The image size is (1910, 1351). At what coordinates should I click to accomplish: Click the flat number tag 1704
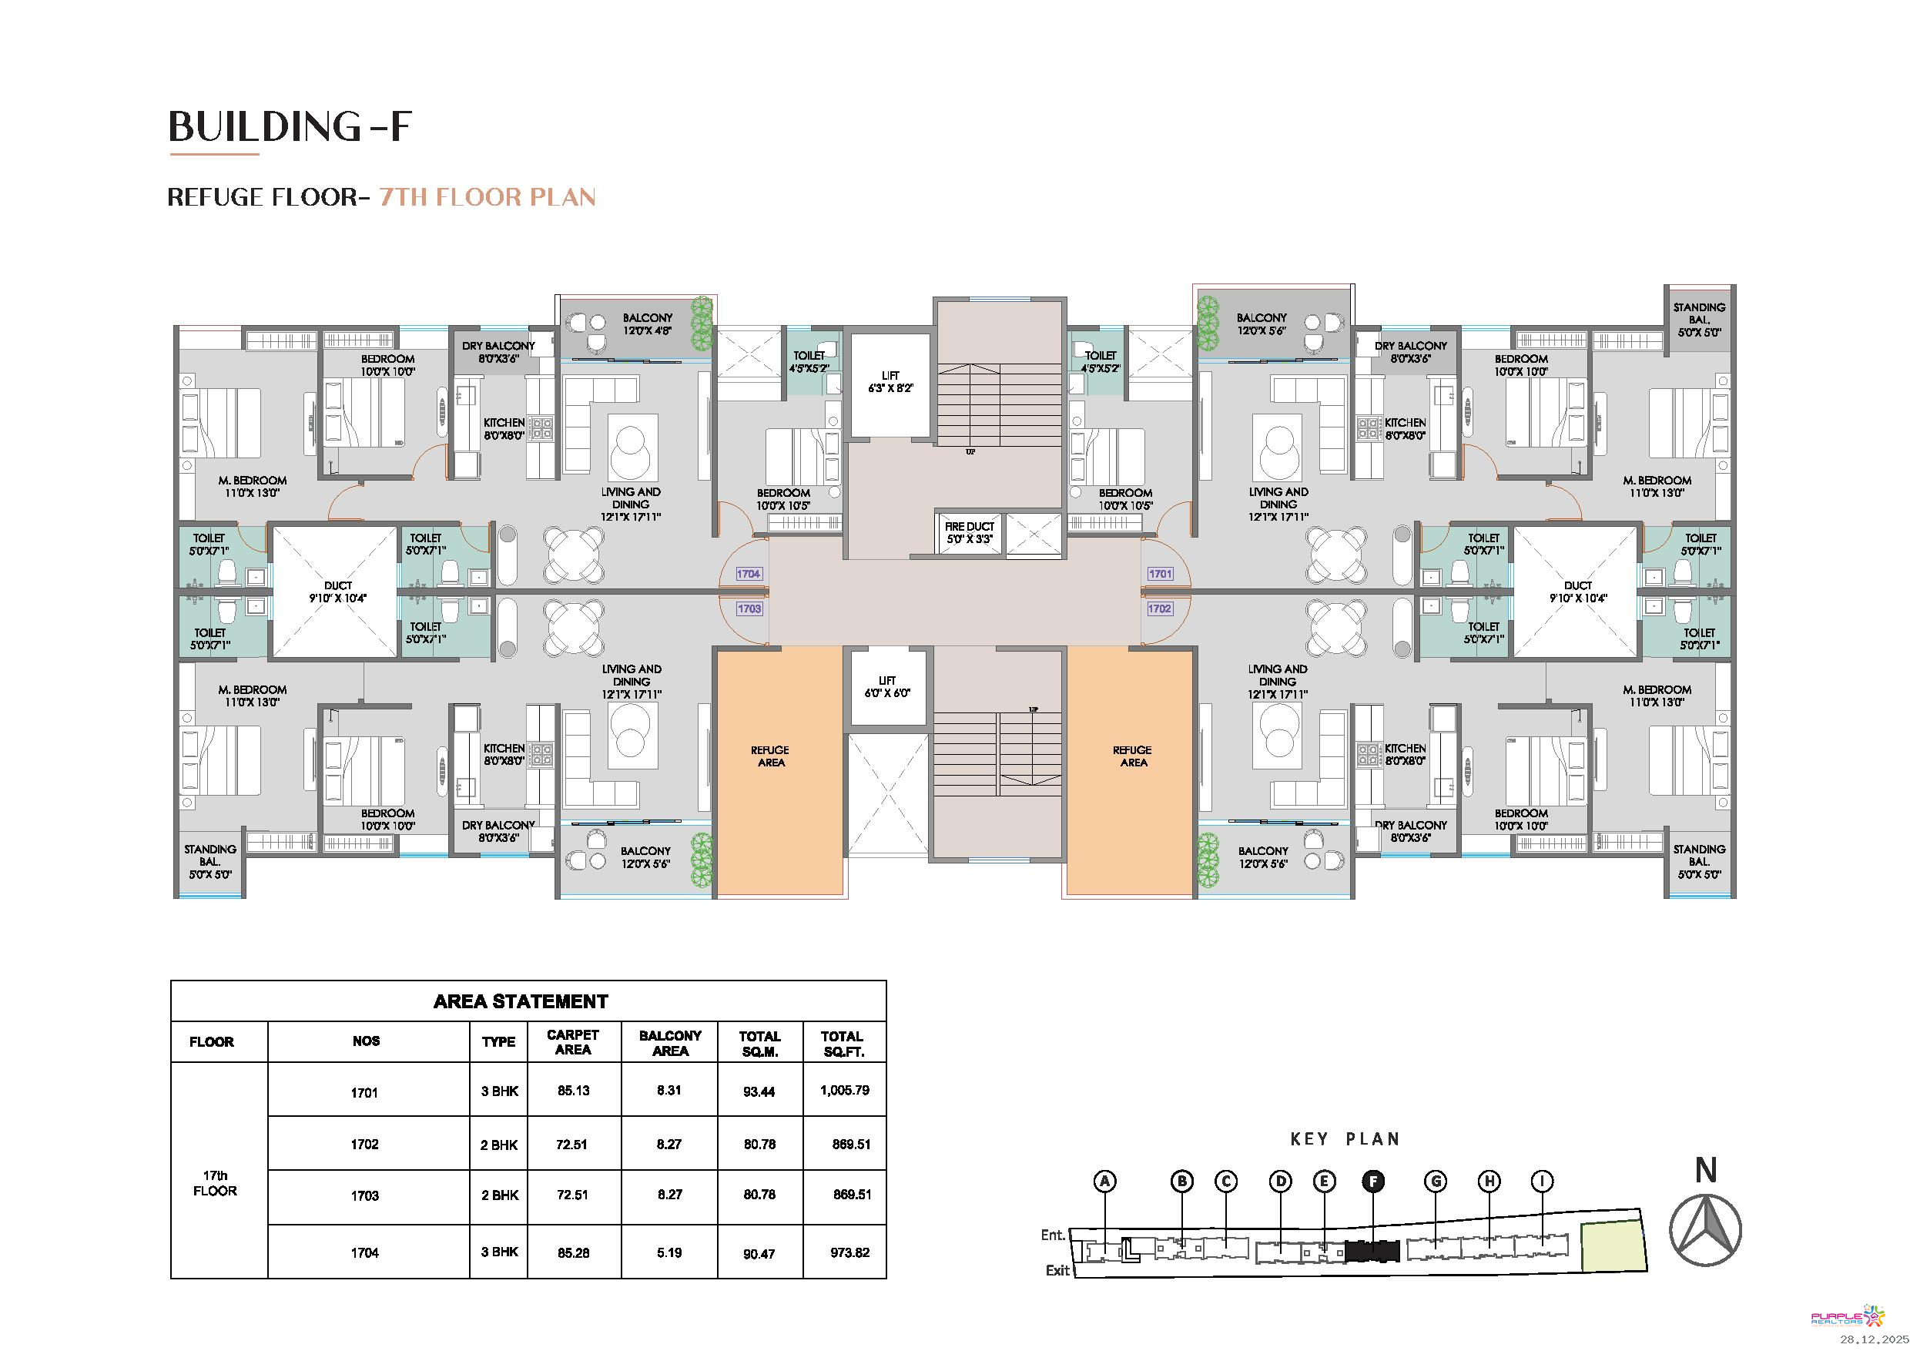click(749, 574)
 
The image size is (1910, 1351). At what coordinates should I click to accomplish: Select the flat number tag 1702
click(1160, 609)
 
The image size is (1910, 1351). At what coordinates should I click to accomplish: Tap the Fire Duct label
click(969, 532)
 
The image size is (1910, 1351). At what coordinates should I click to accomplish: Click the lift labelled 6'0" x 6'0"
click(888, 686)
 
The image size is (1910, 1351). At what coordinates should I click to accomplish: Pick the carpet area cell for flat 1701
click(573, 1091)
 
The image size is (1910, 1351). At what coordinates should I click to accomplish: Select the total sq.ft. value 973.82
click(849, 1252)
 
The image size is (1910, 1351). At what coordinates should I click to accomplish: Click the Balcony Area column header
click(670, 1043)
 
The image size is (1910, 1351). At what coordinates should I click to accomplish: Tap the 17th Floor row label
click(215, 1183)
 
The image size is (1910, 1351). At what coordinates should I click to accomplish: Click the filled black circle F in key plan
click(1373, 1181)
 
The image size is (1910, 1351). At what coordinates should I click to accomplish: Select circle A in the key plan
click(1104, 1181)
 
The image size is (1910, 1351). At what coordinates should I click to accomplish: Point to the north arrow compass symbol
click(1705, 1229)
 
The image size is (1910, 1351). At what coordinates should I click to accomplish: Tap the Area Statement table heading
click(521, 1001)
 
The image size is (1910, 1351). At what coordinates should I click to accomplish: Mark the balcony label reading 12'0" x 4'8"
click(647, 324)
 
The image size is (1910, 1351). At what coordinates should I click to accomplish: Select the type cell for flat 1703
click(499, 1195)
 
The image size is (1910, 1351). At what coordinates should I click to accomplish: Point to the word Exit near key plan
click(1057, 1270)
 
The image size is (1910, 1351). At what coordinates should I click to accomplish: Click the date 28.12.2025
click(1873, 1339)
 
